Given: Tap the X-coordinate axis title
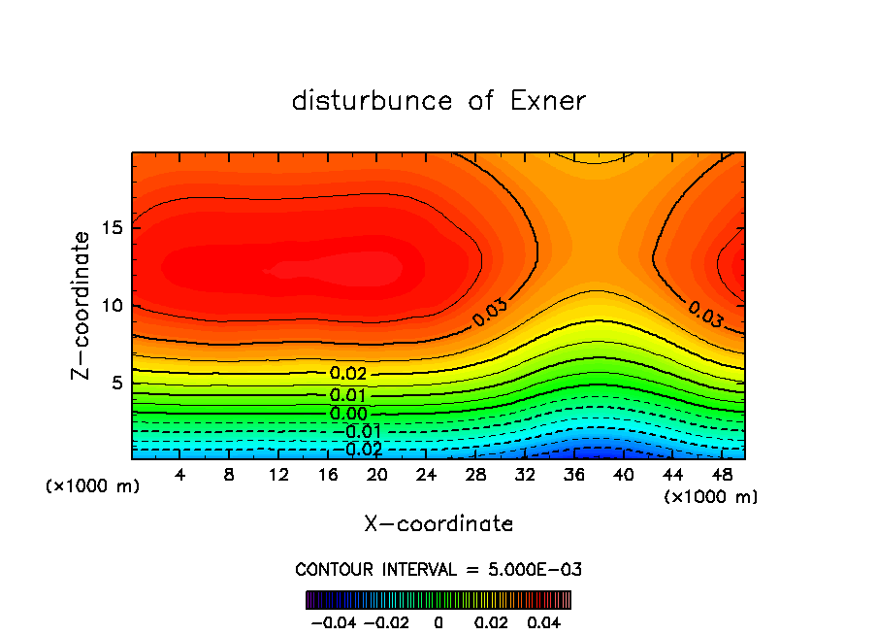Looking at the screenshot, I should coord(438,524).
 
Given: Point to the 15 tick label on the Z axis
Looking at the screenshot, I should coord(112,228).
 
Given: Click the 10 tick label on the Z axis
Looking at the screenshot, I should coord(112,306).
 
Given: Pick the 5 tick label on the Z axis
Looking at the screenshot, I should coord(116,384).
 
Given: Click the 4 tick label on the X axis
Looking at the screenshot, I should coord(180,475).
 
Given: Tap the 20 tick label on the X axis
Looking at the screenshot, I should coord(376,475).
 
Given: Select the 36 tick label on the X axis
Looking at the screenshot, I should coord(573,475).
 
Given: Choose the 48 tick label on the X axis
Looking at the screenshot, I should coord(720,475).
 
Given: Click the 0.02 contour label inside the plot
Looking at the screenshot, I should coord(348,374).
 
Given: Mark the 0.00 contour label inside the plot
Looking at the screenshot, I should coord(348,414).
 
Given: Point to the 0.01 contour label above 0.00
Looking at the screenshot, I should coord(348,395).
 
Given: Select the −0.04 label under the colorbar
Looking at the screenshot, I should coord(332,620).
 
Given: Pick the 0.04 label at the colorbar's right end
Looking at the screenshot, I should coord(544,620).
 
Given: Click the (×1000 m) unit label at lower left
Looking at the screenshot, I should coord(92,486).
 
